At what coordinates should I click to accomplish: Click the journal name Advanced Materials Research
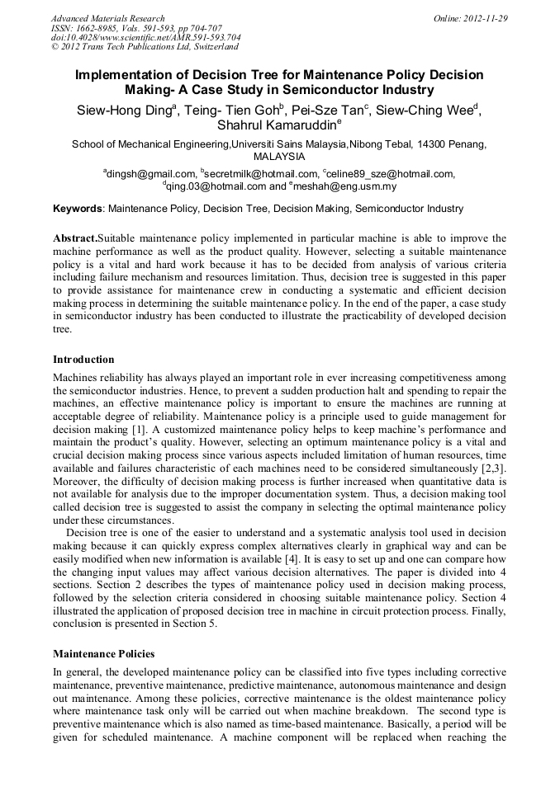tap(107, 18)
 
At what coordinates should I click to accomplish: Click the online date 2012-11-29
tap(485, 18)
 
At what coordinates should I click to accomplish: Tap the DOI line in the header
tap(145, 37)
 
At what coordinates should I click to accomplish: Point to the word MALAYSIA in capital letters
tap(279, 156)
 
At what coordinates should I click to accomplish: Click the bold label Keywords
tap(78, 209)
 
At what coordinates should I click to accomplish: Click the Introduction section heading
tap(83, 360)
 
